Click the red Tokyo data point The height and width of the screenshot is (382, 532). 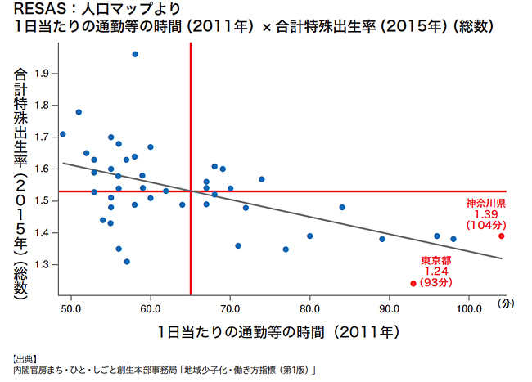(x=413, y=284)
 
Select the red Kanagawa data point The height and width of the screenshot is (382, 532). (x=501, y=236)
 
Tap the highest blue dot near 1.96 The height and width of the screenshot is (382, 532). (x=135, y=54)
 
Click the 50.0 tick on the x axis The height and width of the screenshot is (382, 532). (x=71, y=309)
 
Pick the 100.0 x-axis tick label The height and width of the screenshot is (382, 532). (x=468, y=309)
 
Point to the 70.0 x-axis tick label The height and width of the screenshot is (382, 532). (x=230, y=309)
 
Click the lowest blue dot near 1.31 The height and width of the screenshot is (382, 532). (x=127, y=262)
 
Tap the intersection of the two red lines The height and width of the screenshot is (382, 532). (x=191, y=191)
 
